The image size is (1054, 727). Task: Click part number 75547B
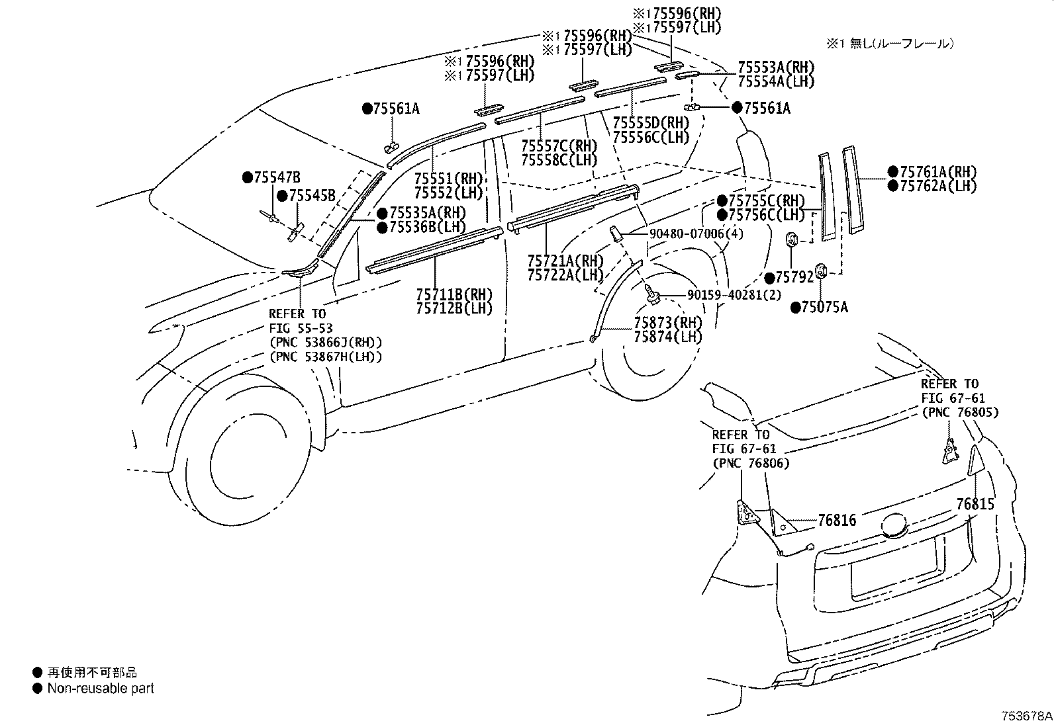pyautogui.click(x=277, y=177)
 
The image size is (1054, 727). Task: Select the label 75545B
pyautogui.click(x=312, y=196)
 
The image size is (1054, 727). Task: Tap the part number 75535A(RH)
pyautogui.click(x=428, y=212)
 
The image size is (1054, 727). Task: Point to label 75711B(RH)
pyautogui.click(x=454, y=294)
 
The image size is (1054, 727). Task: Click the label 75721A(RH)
pyautogui.click(x=565, y=261)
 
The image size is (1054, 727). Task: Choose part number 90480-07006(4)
pyautogui.click(x=696, y=234)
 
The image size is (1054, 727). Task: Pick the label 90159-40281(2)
pyautogui.click(x=734, y=295)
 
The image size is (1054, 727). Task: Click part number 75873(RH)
pyautogui.click(x=668, y=323)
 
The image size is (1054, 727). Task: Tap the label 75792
pyautogui.click(x=794, y=278)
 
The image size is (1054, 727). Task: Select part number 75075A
pyautogui.click(x=825, y=308)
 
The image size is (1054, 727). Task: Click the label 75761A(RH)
pyautogui.click(x=939, y=171)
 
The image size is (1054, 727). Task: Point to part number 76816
pyautogui.click(x=837, y=520)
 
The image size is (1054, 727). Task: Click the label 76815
pyautogui.click(x=975, y=504)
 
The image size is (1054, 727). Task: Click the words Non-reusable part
pyautogui.click(x=101, y=689)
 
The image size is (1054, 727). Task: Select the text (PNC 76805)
pyautogui.click(x=960, y=412)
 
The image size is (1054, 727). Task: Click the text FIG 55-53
pyautogui.click(x=301, y=328)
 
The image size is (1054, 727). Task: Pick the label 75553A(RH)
pyautogui.click(x=776, y=67)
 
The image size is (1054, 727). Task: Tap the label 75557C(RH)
pyautogui.click(x=559, y=146)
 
